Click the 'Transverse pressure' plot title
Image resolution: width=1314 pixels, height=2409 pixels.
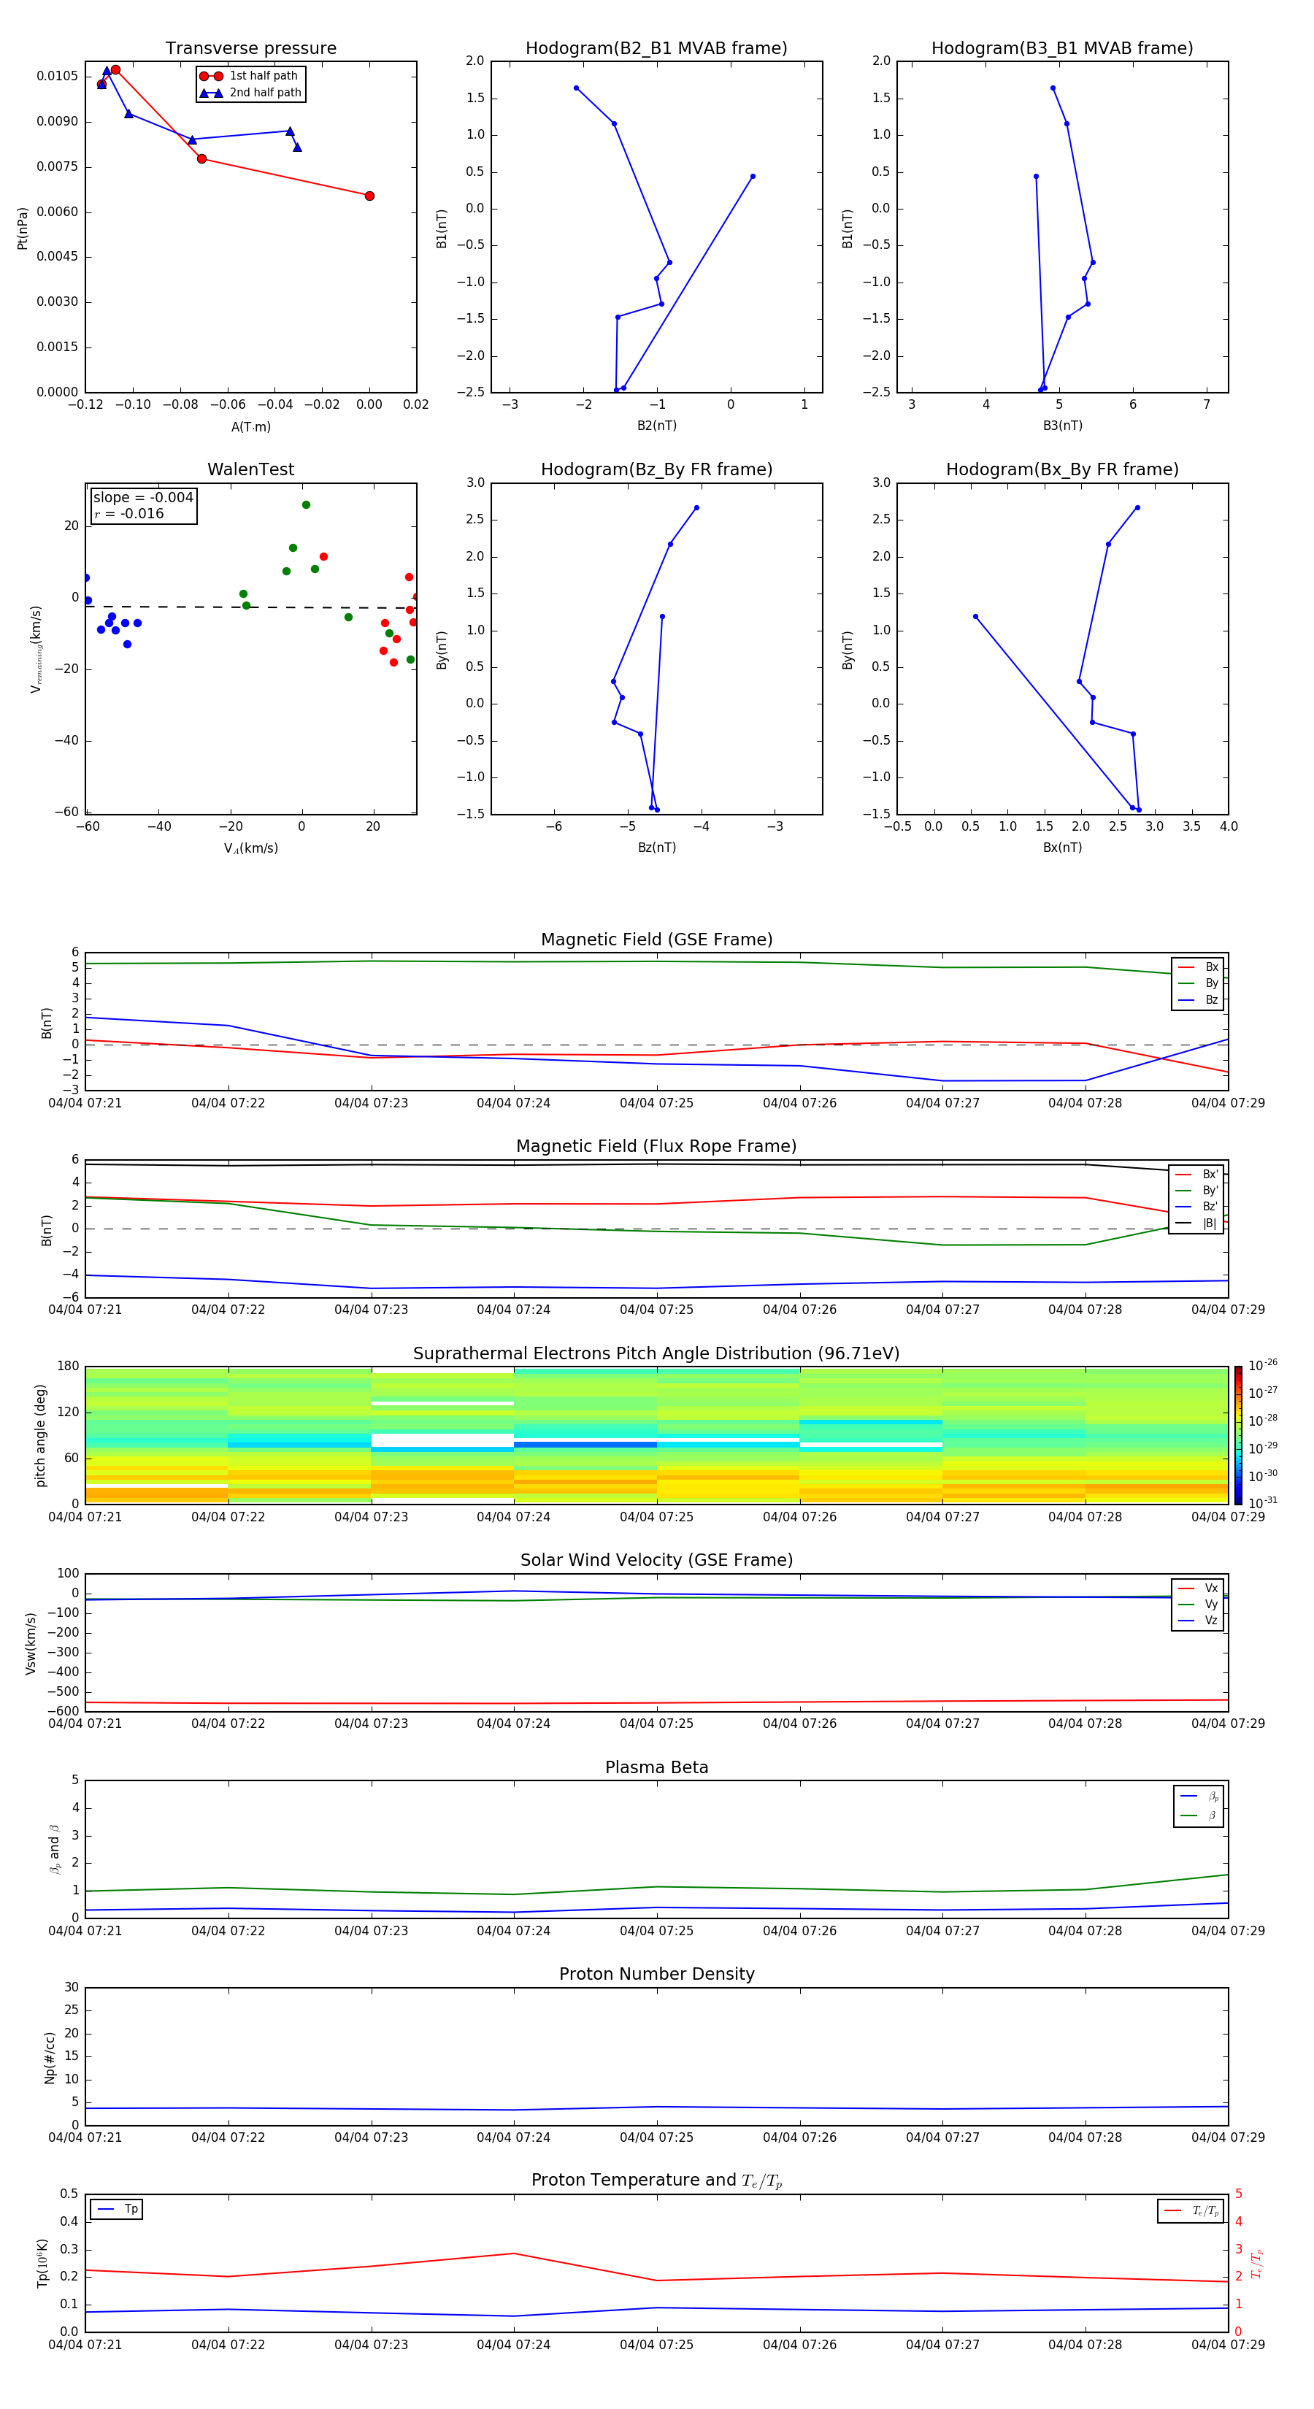[x=250, y=49]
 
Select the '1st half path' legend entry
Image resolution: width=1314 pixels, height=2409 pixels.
[x=263, y=76]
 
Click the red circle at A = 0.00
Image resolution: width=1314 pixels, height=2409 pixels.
[x=369, y=196]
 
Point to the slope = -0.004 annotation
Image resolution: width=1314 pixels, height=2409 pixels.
[x=143, y=498]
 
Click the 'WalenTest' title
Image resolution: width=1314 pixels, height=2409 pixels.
[x=250, y=469]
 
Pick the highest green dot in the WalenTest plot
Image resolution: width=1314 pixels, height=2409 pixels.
[x=306, y=505]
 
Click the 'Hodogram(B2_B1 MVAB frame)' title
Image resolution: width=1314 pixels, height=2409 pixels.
[x=656, y=49]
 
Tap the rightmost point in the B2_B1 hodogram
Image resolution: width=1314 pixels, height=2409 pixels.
[x=752, y=176]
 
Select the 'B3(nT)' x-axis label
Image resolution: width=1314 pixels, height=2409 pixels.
[x=1062, y=426]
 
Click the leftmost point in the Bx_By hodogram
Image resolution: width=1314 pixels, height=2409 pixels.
[x=975, y=616]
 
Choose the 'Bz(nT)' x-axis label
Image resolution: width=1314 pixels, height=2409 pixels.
[x=656, y=848]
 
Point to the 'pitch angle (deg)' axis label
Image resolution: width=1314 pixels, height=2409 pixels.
[x=40, y=1434]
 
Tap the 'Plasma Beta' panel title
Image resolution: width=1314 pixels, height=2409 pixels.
[x=656, y=1767]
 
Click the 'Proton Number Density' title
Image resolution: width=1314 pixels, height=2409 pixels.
[x=656, y=1974]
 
